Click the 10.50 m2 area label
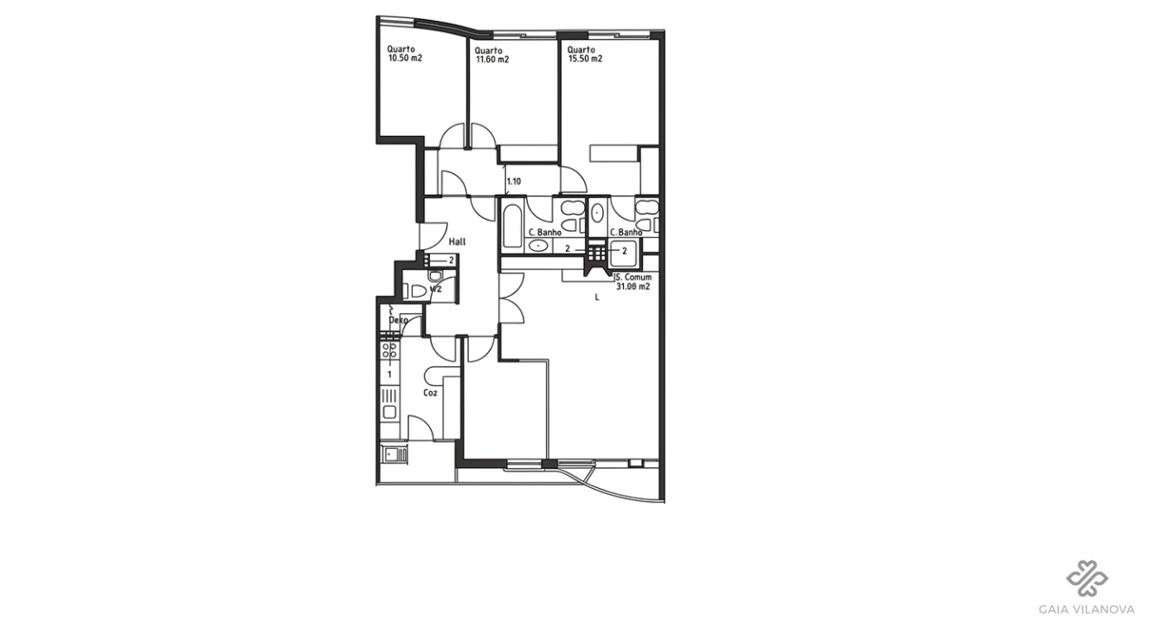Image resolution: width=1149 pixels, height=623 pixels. [x=404, y=59]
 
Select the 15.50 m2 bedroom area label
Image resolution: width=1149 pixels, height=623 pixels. [x=585, y=60]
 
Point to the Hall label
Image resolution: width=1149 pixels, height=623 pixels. [x=457, y=242]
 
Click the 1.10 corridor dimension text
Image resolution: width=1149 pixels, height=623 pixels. [x=514, y=182]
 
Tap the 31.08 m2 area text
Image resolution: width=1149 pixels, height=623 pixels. [x=633, y=286]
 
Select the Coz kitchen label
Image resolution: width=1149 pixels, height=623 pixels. [x=430, y=392]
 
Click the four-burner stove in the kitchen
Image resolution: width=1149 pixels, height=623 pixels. [x=390, y=350]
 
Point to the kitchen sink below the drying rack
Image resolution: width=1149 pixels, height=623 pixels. [x=390, y=412]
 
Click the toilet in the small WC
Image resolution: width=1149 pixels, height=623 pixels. [x=416, y=292]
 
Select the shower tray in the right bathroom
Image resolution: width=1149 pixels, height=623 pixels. [x=623, y=252]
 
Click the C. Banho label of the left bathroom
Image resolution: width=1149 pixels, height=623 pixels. [x=544, y=233]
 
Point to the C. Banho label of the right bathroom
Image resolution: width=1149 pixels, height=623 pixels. [x=625, y=233]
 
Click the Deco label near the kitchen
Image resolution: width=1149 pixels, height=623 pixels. [x=398, y=321]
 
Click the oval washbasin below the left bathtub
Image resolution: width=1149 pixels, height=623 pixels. [x=539, y=246]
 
